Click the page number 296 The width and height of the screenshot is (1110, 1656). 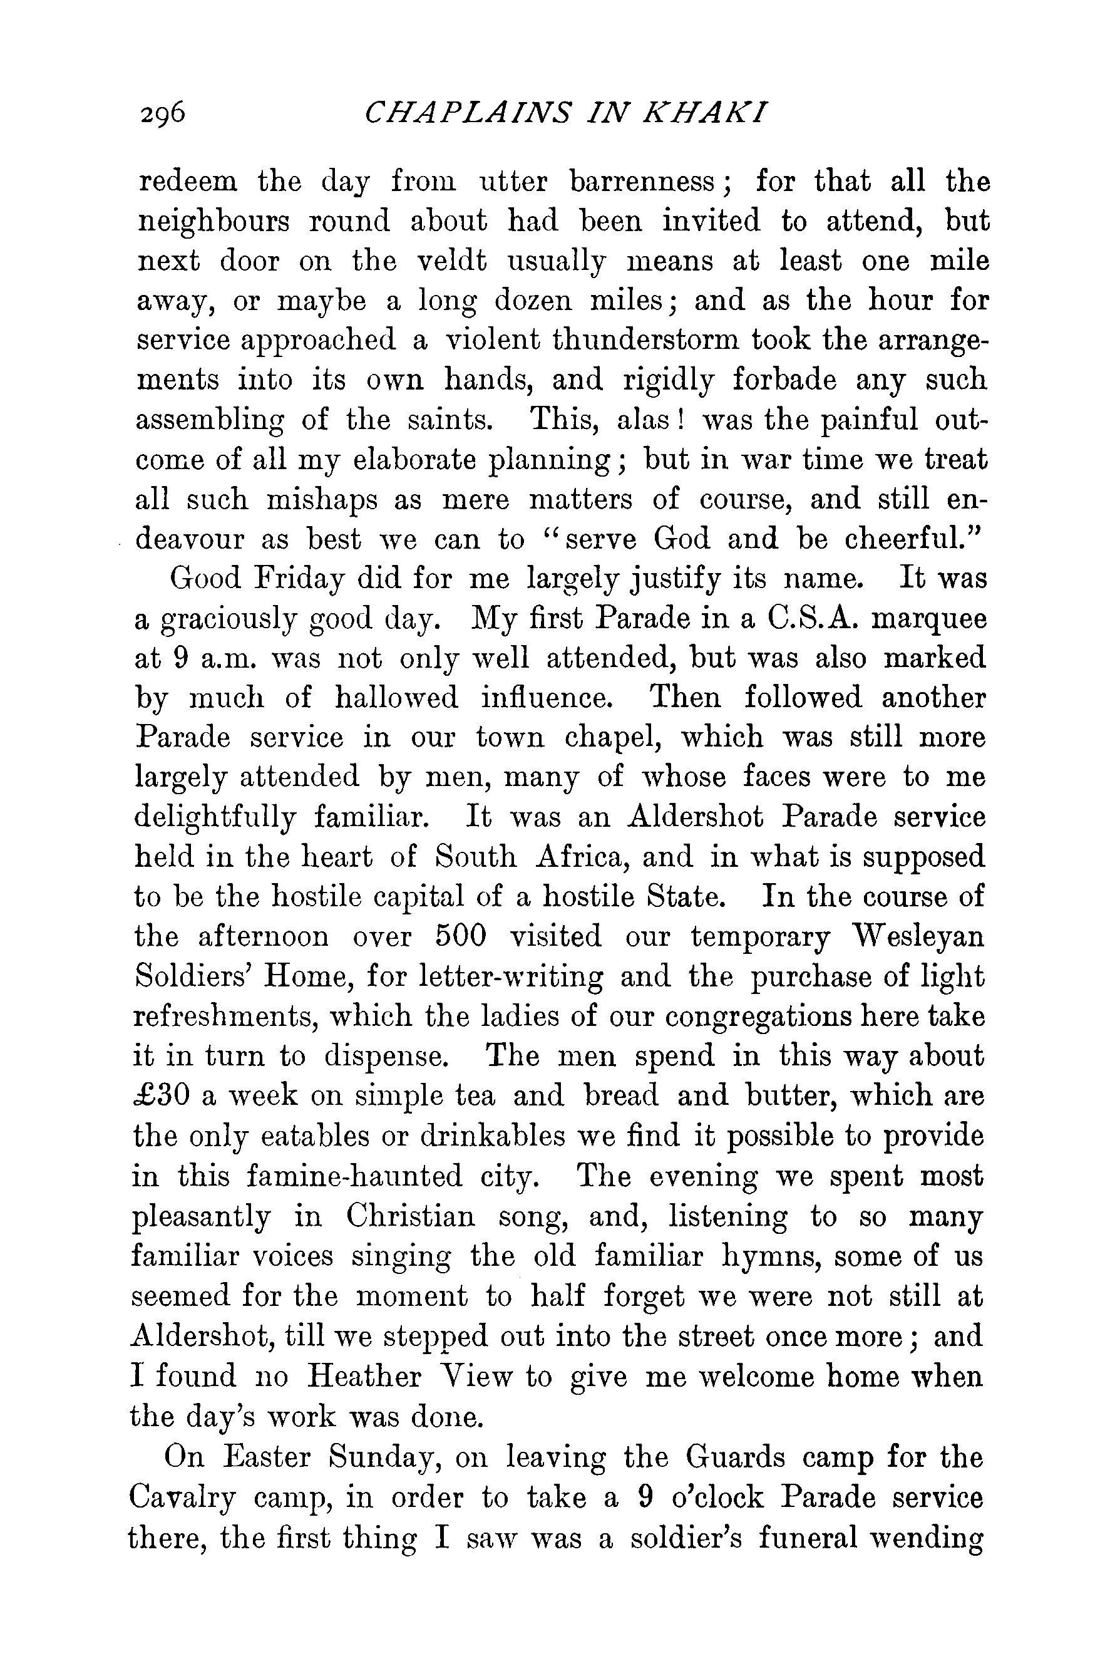click(162, 113)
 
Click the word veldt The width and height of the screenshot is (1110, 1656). click(450, 261)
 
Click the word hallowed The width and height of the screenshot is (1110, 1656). click(396, 698)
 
